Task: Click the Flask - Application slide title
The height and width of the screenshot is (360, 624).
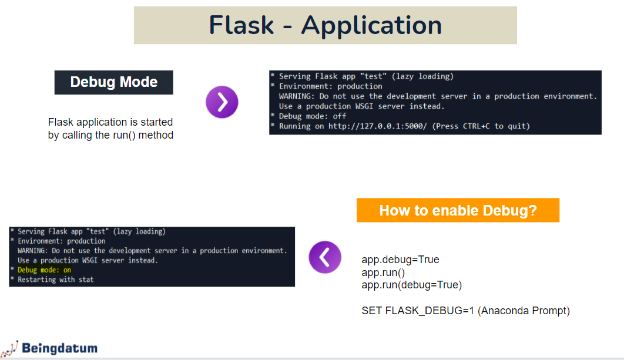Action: tap(326, 25)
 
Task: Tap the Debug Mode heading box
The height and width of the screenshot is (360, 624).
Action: tap(114, 82)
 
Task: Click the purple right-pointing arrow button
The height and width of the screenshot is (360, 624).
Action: tap(222, 102)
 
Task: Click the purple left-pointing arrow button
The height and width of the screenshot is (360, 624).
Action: tap(325, 257)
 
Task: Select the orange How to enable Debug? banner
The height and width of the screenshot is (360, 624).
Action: tap(458, 210)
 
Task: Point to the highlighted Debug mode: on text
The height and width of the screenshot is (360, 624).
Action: tap(44, 270)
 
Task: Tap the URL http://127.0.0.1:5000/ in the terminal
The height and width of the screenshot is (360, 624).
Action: tap(378, 126)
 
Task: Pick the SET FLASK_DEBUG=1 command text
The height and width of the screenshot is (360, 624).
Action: tap(418, 311)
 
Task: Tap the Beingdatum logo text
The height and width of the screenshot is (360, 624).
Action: tap(59, 348)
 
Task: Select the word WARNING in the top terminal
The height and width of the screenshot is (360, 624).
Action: tap(297, 96)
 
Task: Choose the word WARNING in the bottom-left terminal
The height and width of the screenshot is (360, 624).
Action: tap(34, 251)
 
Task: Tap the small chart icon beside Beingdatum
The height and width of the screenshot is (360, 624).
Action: tap(10, 348)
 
